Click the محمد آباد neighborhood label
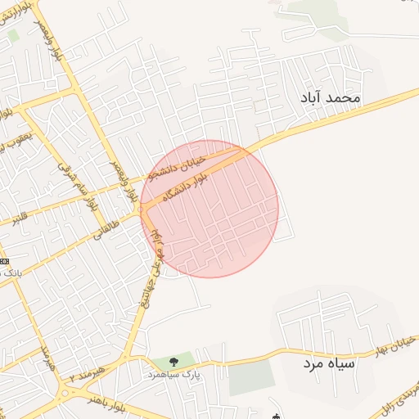331,97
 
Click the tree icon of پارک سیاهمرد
173,362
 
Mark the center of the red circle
209,209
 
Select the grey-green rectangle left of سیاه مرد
251,377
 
